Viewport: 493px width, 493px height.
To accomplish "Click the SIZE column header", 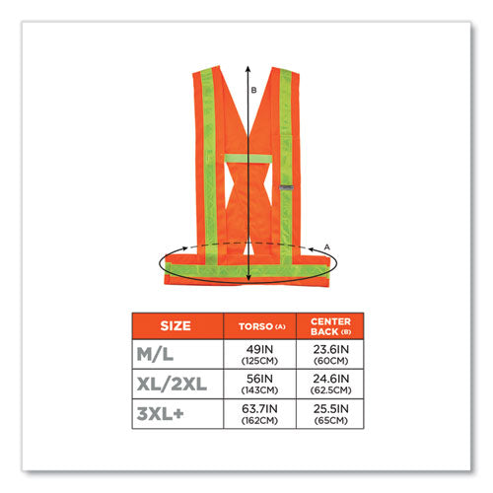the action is (176, 325).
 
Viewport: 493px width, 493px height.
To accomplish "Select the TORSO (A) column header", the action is (262, 326).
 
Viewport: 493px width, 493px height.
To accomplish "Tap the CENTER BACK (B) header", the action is (330, 326).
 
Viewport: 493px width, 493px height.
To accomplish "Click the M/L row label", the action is (155, 354).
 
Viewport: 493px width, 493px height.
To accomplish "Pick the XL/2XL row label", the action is (172, 384).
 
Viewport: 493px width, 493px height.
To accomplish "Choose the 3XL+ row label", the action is (160, 413).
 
